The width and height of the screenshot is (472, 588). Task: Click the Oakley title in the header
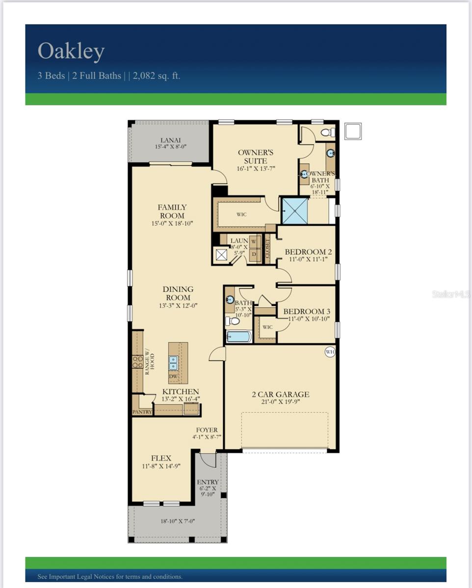(x=71, y=51)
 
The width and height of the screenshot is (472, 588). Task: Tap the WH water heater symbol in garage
(x=330, y=351)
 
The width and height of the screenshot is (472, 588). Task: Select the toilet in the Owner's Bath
(x=328, y=132)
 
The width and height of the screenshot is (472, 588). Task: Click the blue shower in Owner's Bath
(x=294, y=211)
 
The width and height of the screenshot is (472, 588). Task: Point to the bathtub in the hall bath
(x=239, y=336)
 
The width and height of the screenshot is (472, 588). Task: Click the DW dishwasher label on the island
(x=174, y=376)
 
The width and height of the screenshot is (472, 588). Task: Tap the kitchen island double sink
(x=173, y=363)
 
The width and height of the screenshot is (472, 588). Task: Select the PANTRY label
(x=142, y=412)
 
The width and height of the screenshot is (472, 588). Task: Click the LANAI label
(x=170, y=140)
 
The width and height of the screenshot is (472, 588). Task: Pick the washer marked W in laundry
(x=254, y=242)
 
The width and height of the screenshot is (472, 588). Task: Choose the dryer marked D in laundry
(x=254, y=255)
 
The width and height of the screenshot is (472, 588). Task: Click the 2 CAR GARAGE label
(x=281, y=394)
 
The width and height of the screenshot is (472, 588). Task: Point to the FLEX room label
(x=161, y=458)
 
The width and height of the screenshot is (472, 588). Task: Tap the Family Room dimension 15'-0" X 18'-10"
(x=172, y=223)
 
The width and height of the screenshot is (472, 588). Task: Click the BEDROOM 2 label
(x=308, y=252)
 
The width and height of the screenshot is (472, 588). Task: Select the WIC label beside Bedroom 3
(x=267, y=327)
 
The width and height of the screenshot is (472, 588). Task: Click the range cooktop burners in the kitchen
(x=137, y=362)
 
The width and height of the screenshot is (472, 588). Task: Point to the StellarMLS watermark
(x=451, y=294)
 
